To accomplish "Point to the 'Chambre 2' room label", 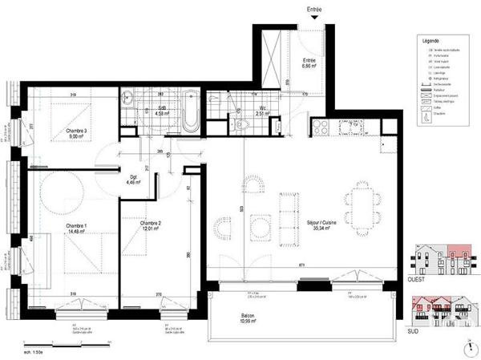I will (x=151, y=225).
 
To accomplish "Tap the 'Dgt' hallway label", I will (x=134, y=180).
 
